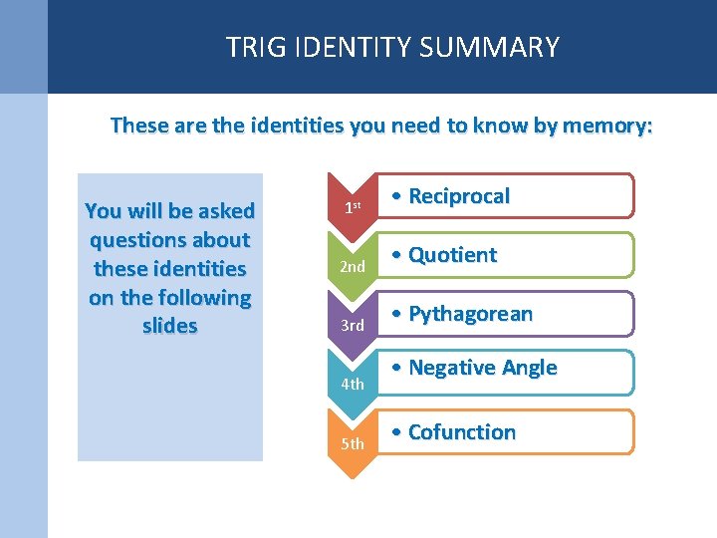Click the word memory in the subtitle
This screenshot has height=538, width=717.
click(x=607, y=126)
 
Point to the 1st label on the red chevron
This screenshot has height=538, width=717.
click(x=352, y=208)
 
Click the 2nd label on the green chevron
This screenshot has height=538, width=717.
click(x=353, y=267)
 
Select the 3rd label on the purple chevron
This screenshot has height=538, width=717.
click(x=353, y=326)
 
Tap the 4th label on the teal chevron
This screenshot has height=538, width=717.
click(x=353, y=384)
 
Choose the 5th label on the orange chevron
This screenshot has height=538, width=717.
click(x=353, y=443)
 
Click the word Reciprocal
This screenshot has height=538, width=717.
click(x=458, y=196)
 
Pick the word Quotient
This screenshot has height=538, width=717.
click(x=452, y=255)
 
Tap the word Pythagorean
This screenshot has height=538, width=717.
click(x=470, y=314)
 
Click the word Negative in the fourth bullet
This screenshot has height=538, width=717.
click(x=453, y=368)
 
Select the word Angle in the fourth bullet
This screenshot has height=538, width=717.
click(x=529, y=368)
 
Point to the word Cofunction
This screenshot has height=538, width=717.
click(x=462, y=432)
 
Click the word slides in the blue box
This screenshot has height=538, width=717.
click(x=170, y=327)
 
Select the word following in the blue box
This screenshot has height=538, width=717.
click(x=205, y=298)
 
